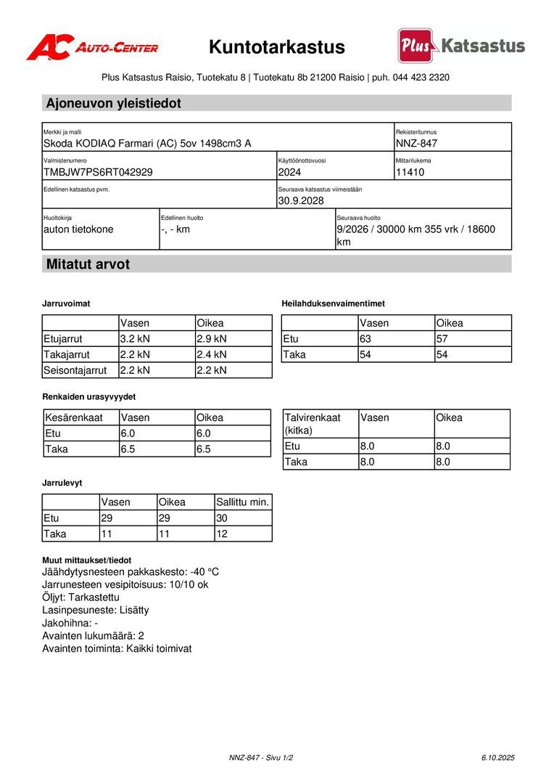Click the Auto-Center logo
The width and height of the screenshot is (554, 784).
[x=92, y=48]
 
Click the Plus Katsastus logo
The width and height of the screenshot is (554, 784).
[x=461, y=46]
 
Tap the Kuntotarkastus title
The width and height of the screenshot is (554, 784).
[x=277, y=48]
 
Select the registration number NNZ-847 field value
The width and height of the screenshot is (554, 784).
[x=416, y=143]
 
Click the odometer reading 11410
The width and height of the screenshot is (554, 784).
[x=410, y=172]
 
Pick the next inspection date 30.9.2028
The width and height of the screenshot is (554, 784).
[x=301, y=200]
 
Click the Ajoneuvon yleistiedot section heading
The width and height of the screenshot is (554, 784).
[x=114, y=103]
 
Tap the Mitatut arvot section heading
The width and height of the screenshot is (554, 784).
[x=88, y=264]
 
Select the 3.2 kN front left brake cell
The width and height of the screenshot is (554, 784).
[x=135, y=338]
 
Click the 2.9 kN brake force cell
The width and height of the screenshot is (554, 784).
[x=212, y=338]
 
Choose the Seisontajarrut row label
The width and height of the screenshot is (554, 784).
[x=75, y=370]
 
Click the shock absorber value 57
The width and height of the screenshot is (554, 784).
[x=442, y=338]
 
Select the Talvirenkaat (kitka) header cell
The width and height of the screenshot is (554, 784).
[x=313, y=423]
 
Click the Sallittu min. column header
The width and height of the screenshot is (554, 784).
[x=243, y=502]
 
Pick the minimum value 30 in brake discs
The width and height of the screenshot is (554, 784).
[x=223, y=518]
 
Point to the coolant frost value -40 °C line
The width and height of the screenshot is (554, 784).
[x=131, y=571]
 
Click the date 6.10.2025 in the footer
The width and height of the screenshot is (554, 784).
[x=497, y=757]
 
